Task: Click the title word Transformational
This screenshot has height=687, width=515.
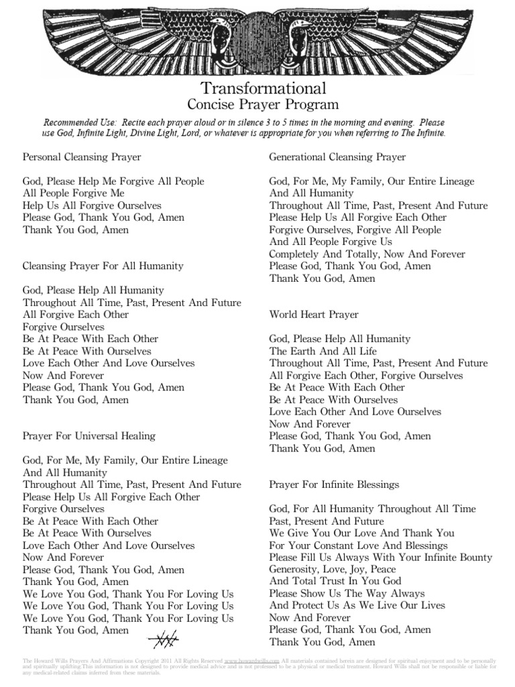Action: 263,88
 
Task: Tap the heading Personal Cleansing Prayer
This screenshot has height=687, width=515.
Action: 82,157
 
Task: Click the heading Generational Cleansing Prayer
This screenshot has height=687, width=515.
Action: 337,157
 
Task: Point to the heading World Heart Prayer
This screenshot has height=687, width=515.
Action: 314,314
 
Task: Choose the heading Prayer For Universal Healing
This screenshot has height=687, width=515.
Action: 89,435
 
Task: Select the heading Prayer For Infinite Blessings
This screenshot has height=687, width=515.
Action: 334,484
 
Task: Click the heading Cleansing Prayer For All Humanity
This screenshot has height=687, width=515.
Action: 103,266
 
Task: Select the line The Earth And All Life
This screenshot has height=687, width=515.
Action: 323,351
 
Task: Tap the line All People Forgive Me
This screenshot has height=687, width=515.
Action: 74,193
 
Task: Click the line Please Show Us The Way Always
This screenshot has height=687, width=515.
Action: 347,593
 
